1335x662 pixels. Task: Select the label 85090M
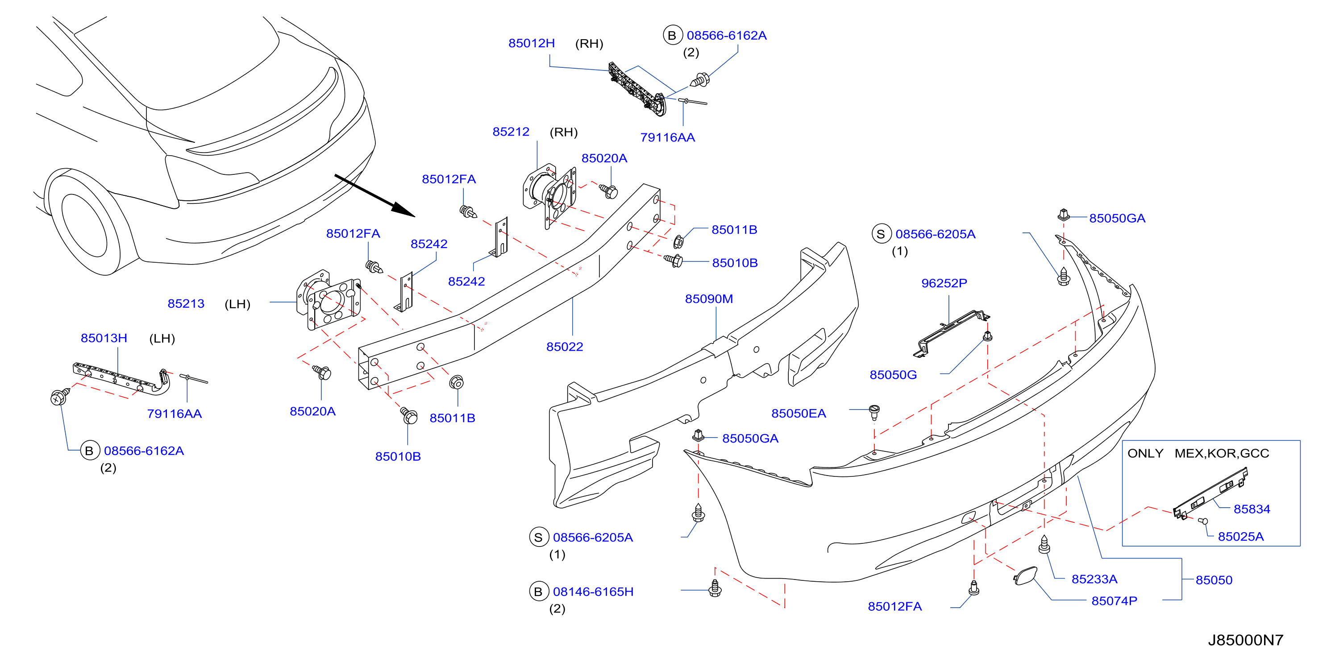[708, 299]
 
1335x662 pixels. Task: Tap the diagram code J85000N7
[1245, 640]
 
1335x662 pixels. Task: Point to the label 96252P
[944, 283]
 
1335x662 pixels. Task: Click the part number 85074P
[1114, 601]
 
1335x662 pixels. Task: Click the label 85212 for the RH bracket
[511, 132]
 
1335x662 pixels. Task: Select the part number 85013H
[104, 338]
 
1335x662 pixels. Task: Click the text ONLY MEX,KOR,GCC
[1198, 453]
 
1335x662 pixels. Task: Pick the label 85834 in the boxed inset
[1252, 509]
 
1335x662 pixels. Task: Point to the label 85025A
[1241, 537]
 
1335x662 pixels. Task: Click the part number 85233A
[1094, 579]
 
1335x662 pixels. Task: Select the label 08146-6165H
[593, 592]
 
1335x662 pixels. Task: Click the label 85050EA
[799, 414]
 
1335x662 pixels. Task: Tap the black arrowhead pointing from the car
[403, 209]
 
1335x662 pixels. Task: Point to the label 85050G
[893, 375]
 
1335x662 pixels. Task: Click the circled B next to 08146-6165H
[538, 592]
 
